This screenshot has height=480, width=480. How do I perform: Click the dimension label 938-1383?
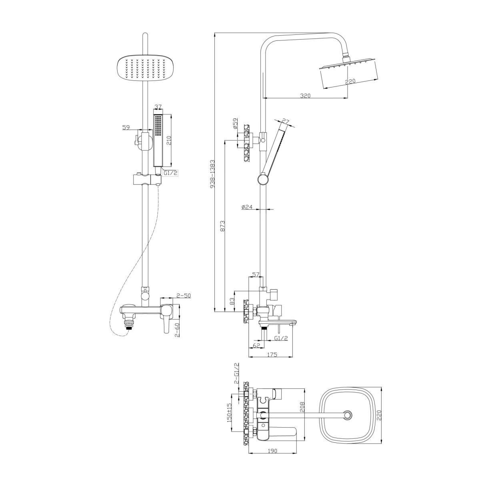[212, 174]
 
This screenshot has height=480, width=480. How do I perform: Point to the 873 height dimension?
[222, 226]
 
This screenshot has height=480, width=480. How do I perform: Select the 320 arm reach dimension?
[305, 96]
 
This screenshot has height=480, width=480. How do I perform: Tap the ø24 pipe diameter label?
[247, 207]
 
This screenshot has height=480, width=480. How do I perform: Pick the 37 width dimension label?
[158, 107]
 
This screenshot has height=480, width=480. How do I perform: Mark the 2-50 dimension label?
[183, 296]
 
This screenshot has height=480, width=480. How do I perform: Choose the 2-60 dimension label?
[177, 330]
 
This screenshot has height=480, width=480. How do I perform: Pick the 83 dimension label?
[232, 302]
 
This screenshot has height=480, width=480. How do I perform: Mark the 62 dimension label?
[256, 346]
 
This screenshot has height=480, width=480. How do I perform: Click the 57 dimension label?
[256, 274]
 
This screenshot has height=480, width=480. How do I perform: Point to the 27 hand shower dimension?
[286, 122]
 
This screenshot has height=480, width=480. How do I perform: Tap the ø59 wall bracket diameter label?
[235, 124]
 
